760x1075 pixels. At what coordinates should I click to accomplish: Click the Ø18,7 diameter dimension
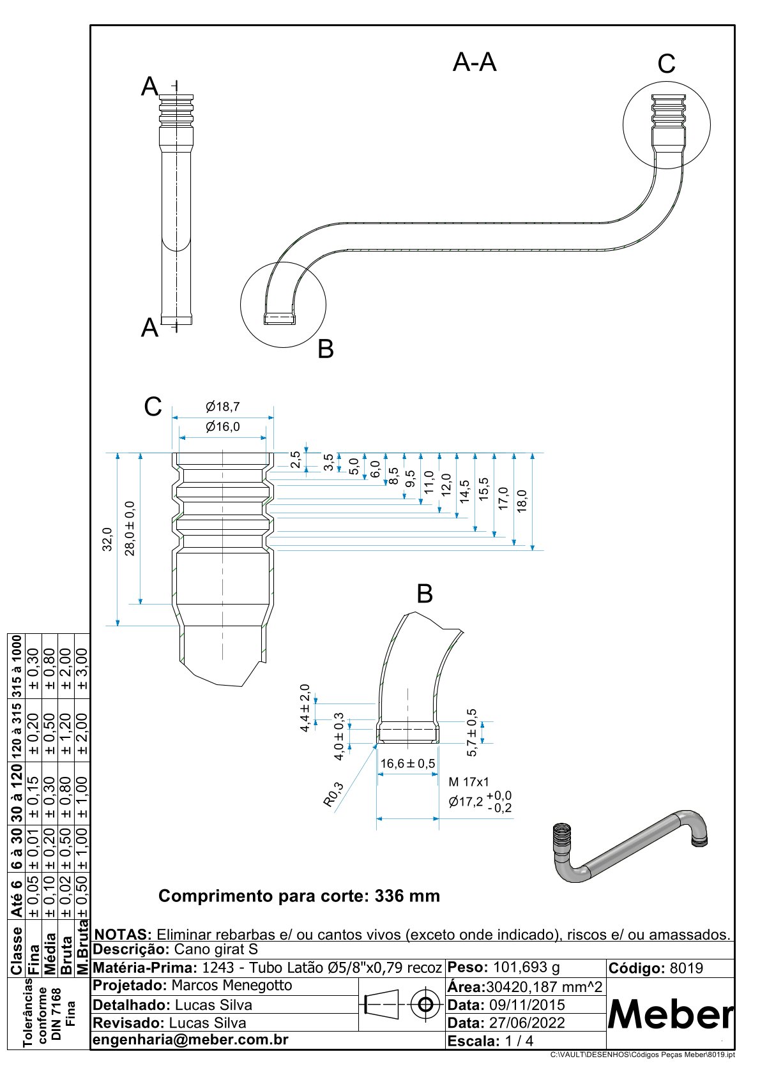(222, 407)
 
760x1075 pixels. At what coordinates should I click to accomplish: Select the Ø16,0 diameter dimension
(222, 427)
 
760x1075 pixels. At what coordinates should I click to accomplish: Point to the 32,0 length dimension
(108, 539)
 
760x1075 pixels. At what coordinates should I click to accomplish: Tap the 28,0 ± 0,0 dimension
(130, 529)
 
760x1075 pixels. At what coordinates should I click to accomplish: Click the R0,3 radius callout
(333, 795)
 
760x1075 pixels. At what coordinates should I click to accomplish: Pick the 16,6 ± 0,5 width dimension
(407, 763)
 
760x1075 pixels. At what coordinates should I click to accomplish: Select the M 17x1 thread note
(469, 782)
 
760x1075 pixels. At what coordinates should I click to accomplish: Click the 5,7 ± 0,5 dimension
(472, 733)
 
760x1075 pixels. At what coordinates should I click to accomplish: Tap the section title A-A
(475, 63)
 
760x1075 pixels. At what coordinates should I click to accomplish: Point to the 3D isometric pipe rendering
(629, 846)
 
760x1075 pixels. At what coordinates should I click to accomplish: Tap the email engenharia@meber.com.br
(191, 1039)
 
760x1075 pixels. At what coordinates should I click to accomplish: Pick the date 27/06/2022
(527, 1023)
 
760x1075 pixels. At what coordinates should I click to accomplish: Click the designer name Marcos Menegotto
(232, 985)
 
